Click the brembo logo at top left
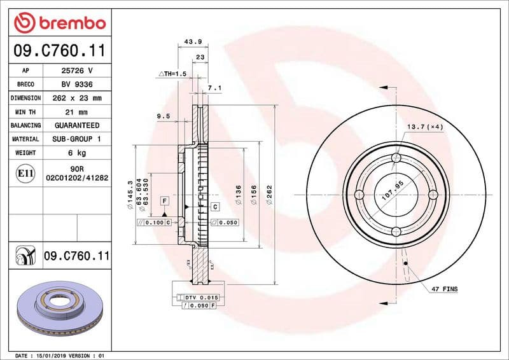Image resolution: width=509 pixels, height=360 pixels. point(59,23)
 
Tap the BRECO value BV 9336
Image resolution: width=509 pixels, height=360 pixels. point(77,84)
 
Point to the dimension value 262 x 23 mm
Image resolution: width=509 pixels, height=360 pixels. point(77,98)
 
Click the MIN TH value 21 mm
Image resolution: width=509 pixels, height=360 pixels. point(77,112)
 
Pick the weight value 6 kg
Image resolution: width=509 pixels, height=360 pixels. point(77,153)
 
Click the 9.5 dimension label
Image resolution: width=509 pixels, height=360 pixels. point(163,116)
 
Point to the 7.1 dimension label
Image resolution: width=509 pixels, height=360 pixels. point(214,88)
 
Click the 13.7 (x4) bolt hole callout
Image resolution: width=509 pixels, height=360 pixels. point(425,127)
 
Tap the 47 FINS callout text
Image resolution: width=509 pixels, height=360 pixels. point(444,289)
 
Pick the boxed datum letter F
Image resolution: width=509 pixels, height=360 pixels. point(164,200)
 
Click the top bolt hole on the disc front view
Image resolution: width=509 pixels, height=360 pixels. point(396,158)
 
